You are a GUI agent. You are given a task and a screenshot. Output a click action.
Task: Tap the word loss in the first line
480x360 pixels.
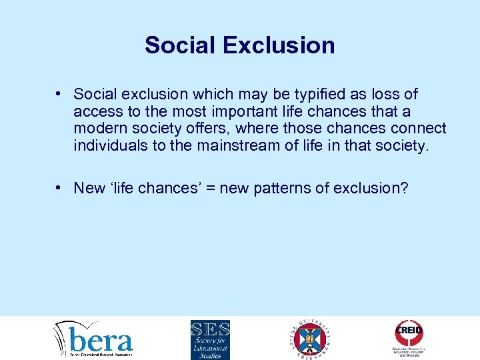point(387,95)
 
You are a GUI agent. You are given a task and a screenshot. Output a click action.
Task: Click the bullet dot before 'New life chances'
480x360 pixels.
point(60,189)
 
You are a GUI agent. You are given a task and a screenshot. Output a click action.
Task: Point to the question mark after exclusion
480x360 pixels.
point(403,188)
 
